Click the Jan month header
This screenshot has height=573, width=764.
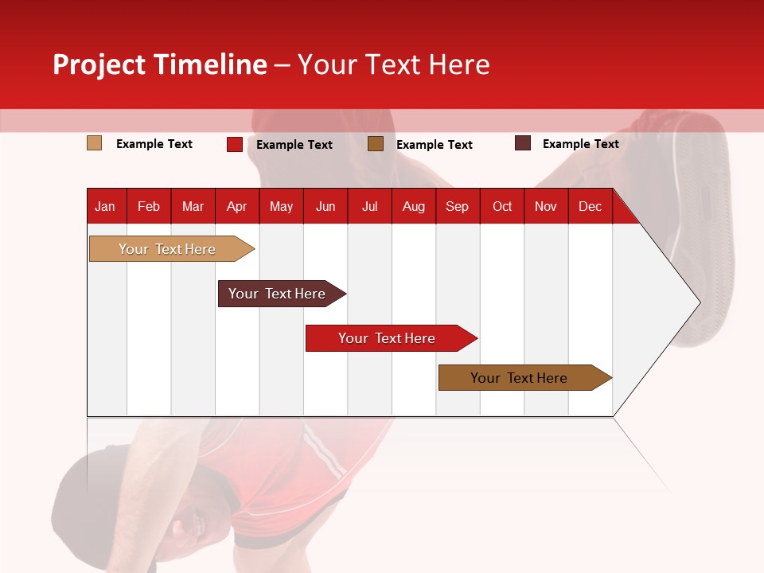click(105, 207)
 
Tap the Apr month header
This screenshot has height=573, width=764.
click(236, 207)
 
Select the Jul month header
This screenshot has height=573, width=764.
click(369, 207)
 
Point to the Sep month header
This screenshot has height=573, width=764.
click(457, 207)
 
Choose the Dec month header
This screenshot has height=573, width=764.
click(590, 207)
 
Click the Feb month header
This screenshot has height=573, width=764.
click(149, 207)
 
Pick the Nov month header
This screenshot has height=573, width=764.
click(545, 207)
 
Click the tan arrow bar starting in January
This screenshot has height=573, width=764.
click(167, 249)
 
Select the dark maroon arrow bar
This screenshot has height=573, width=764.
click(277, 294)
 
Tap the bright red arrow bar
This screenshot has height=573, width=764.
click(387, 338)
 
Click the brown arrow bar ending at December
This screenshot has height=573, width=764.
click(519, 378)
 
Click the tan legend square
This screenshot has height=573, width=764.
click(95, 143)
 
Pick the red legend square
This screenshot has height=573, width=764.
click(235, 144)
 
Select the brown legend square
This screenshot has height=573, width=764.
click(376, 143)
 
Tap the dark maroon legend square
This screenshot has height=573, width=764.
click(523, 143)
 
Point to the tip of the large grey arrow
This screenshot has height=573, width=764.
click(698, 302)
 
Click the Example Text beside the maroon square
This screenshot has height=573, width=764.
click(580, 144)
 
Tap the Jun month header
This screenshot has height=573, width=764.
click(325, 207)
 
